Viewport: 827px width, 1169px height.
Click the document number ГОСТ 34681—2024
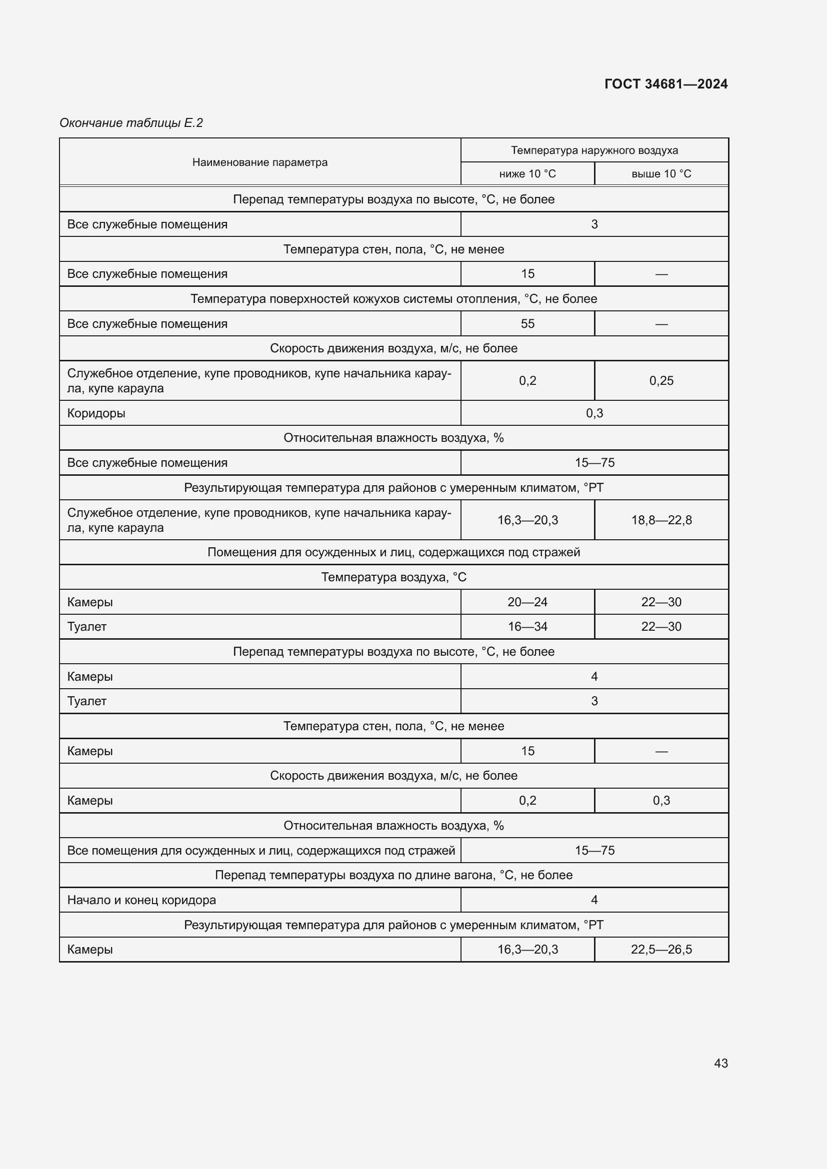(x=665, y=84)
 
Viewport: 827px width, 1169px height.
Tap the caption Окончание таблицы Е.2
(x=131, y=123)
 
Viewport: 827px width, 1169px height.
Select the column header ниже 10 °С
(x=527, y=173)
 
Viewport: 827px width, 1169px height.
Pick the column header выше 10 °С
(x=661, y=173)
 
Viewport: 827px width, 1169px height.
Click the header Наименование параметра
(x=259, y=162)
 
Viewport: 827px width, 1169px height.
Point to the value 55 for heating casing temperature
(x=527, y=323)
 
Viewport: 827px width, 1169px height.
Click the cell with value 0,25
(x=661, y=380)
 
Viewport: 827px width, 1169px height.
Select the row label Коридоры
(x=96, y=413)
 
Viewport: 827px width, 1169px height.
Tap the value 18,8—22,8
(x=661, y=520)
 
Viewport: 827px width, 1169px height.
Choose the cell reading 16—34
(x=527, y=626)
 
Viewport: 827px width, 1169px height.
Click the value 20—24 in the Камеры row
(x=527, y=602)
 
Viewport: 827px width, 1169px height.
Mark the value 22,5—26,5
(x=661, y=949)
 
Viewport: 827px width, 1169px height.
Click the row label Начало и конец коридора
(x=141, y=900)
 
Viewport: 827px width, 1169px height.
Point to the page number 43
(x=720, y=1063)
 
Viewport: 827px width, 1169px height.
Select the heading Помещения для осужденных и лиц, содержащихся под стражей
(x=393, y=552)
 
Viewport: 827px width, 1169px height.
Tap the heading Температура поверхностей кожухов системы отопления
(x=393, y=299)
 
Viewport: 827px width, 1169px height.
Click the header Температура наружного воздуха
(x=594, y=150)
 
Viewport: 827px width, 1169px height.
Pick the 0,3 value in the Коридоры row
(x=594, y=413)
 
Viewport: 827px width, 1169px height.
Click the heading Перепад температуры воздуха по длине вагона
(x=393, y=875)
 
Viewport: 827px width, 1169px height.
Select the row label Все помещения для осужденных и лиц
(x=260, y=850)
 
